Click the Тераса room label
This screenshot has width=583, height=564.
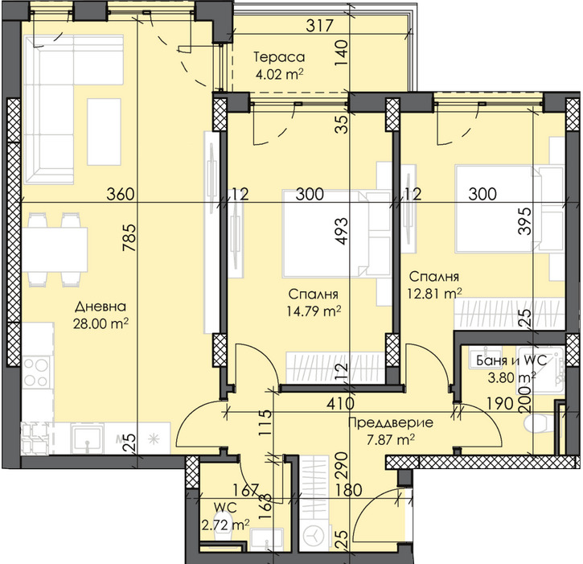pos(279,57)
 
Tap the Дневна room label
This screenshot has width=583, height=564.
pos(101,307)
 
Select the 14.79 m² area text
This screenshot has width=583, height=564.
pos(314,311)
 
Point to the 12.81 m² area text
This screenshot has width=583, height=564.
pos(435,294)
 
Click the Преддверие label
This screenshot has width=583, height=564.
pos(390,423)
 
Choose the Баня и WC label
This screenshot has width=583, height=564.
pos(511,360)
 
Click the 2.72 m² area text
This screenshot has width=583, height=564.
pos(225,525)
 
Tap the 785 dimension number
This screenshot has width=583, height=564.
pos(130,237)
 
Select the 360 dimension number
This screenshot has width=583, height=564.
pos(120,194)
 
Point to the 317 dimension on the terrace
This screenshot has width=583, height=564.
pos(319,26)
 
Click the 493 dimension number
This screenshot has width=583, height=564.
pos(341,231)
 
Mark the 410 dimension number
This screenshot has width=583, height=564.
pos(340,404)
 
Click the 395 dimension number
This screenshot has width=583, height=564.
pos(525,221)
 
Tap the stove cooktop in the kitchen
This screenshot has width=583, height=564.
pos(35,371)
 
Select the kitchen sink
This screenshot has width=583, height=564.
pos(87,439)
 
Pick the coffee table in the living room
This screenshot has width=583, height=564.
pos(104,132)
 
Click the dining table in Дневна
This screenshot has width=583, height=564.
pos(55,249)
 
